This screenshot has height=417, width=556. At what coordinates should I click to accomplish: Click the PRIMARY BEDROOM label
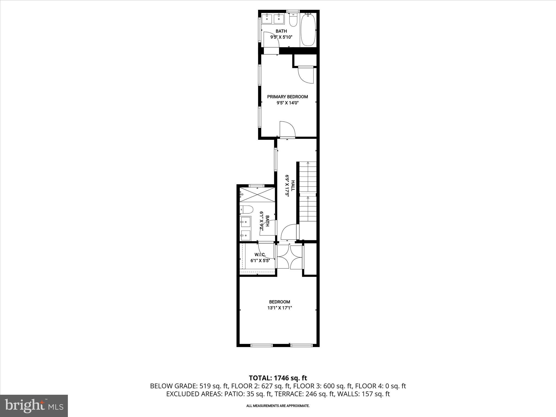288,97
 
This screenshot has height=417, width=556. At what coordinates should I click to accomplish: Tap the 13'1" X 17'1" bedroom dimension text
280,308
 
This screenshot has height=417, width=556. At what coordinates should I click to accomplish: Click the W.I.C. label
260,255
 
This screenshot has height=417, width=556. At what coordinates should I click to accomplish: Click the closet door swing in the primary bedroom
306,75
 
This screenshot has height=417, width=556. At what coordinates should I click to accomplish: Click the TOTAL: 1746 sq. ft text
278,378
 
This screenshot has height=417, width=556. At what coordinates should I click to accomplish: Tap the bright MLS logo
34,406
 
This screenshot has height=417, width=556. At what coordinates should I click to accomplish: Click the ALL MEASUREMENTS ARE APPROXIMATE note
278,406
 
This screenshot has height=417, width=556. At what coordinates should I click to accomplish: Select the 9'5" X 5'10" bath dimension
281,37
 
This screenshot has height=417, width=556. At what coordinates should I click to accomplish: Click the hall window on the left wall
276,159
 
